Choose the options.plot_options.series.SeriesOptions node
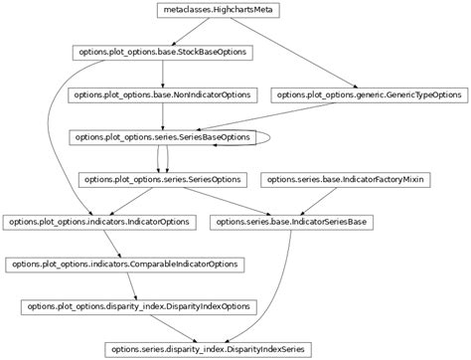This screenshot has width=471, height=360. [x=163, y=180]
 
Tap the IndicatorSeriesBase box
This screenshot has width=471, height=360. [x=294, y=222]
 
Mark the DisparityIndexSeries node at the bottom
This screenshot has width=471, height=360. [x=209, y=349]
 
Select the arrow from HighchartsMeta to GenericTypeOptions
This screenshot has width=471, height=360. [x=298, y=54]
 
